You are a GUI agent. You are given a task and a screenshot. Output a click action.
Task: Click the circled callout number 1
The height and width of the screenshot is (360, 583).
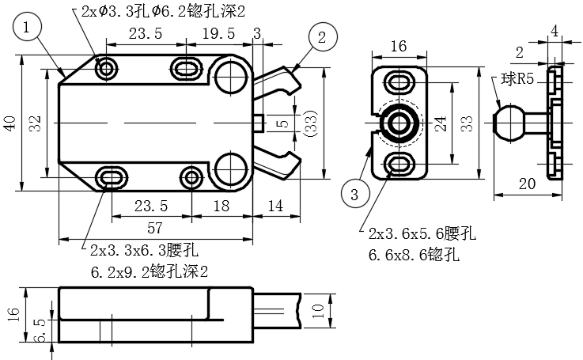pyautogui.click(x=28, y=28)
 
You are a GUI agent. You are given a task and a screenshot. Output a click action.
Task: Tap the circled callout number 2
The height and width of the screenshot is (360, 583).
pyautogui.click(x=322, y=36)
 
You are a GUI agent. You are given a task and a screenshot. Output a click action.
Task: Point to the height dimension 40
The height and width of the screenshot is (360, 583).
pyautogui.click(x=9, y=123)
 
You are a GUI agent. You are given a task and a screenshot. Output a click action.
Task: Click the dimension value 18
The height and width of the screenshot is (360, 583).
pyautogui.click(x=221, y=206)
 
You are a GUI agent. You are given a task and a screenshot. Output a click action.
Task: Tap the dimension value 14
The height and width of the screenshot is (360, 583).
pyautogui.click(x=275, y=206)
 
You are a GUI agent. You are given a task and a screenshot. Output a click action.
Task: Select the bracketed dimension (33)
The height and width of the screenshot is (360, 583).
pyautogui.click(x=312, y=123)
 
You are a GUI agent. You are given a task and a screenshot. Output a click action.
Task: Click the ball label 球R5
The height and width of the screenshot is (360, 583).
pyautogui.click(x=516, y=80)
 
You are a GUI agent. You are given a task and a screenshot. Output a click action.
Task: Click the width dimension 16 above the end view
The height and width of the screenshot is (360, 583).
pyautogui.click(x=398, y=47)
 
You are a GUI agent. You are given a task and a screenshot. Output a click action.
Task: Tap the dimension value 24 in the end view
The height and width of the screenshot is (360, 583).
pyautogui.click(x=441, y=123)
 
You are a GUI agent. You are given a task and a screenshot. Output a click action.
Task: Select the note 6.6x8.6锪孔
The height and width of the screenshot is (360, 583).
pyautogui.click(x=414, y=256)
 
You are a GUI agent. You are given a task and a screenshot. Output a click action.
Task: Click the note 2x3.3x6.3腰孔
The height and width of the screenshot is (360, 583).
pyautogui.click(x=144, y=251)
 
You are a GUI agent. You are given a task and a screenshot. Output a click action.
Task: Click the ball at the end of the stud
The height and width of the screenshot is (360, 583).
pyautogui.click(x=507, y=123)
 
